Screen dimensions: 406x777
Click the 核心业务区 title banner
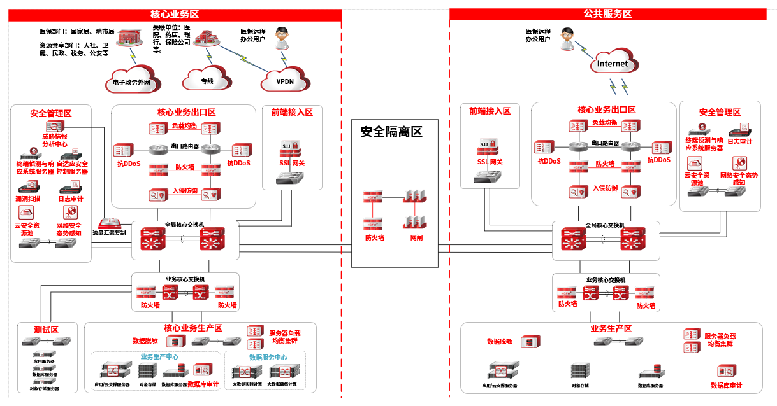click(174, 14)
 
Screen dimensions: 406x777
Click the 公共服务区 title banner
click(607, 13)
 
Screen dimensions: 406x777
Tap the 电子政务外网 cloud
click(131, 81)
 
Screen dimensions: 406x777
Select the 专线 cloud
click(207, 81)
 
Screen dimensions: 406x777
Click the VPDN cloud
click(285, 81)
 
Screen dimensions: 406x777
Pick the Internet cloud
click(613, 64)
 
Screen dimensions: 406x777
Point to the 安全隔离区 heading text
click(391, 132)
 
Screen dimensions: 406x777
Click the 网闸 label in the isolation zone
click(416, 238)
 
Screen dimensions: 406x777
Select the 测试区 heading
click(46, 330)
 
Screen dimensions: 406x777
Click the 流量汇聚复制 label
click(110, 233)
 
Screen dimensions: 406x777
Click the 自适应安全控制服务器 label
click(72, 167)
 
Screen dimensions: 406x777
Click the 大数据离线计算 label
click(283, 385)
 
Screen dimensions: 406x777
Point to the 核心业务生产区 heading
click(193, 328)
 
